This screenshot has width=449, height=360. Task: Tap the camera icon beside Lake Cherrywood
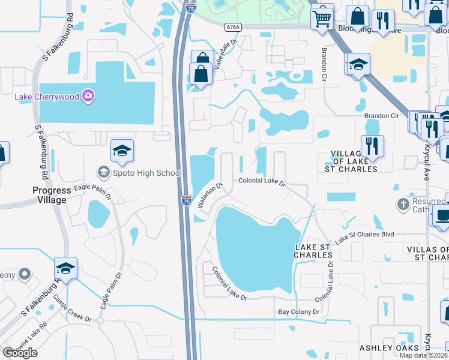point(88,96)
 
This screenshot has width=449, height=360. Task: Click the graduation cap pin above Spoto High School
point(122,152)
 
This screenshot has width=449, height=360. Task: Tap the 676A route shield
point(233,27)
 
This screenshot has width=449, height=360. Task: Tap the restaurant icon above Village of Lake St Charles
point(372,146)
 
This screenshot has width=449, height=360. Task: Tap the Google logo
point(20,353)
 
